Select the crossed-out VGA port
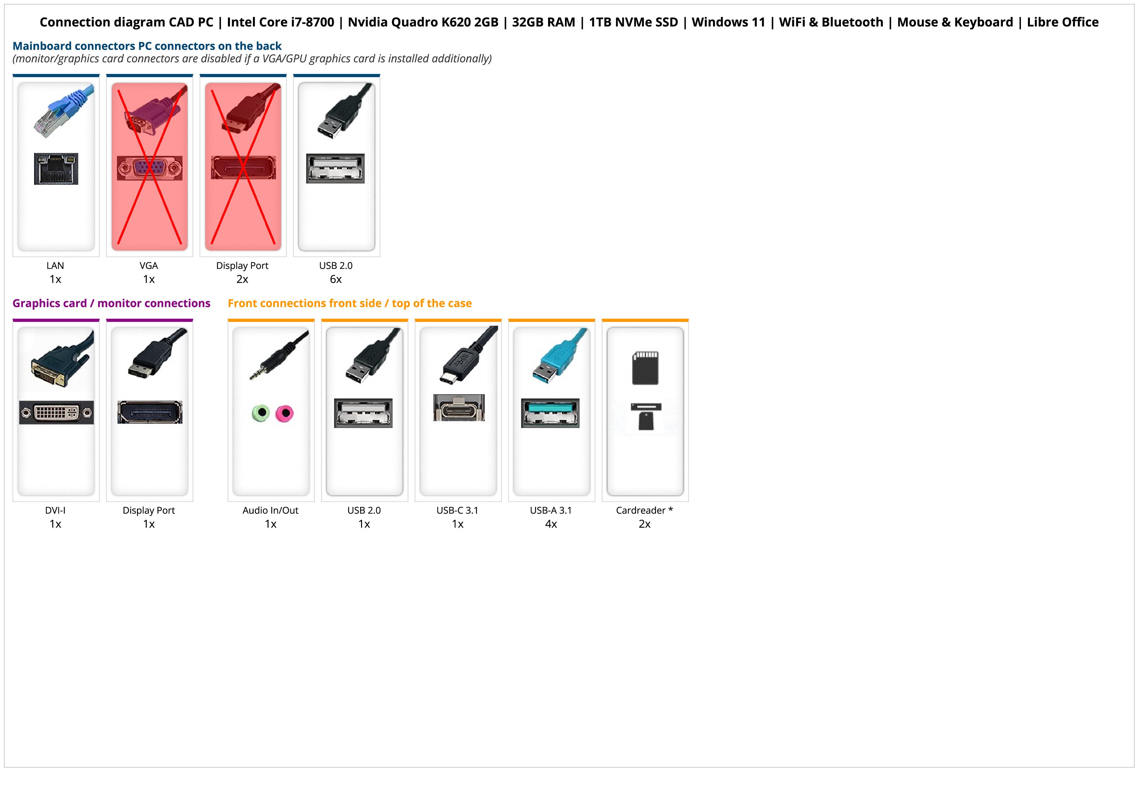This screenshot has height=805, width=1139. (x=149, y=168)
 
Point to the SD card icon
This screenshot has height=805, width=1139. (x=645, y=368)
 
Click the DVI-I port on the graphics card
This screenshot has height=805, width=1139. (x=56, y=412)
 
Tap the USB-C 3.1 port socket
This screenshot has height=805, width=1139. (x=458, y=408)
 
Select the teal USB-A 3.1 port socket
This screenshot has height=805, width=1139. (x=550, y=413)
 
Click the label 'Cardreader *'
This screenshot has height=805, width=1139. (x=644, y=510)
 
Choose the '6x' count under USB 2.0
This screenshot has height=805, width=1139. (x=336, y=279)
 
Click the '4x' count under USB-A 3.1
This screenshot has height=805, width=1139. (x=551, y=524)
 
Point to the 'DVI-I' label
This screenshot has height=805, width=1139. (x=55, y=510)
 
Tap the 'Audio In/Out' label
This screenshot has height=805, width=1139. (x=270, y=510)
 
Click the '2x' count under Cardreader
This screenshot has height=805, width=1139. (x=645, y=524)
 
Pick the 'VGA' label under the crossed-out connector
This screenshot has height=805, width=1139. (x=149, y=266)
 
